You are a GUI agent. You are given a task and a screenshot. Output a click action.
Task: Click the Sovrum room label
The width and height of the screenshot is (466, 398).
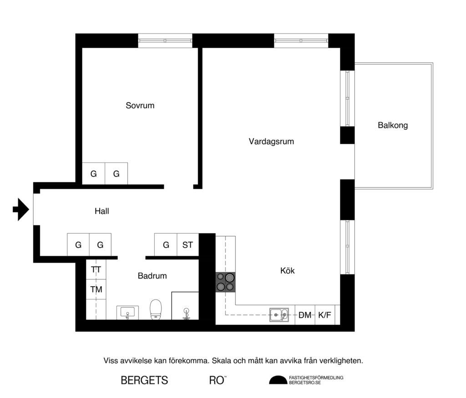(140, 105)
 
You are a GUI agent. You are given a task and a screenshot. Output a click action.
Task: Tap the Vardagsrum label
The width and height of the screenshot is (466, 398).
(271, 141)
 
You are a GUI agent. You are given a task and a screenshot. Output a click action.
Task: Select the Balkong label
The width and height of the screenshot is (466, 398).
(392, 125)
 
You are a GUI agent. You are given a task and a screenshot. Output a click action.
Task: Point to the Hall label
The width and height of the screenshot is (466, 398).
(101, 211)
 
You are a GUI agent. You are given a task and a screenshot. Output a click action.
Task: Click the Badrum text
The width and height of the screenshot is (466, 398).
(152, 276)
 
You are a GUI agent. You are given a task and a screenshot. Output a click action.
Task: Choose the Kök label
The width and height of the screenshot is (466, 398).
(287, 271)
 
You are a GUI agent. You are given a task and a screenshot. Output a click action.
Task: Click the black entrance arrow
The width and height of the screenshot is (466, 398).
(20, 209)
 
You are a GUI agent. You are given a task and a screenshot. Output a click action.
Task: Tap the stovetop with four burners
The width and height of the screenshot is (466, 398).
(225, 281)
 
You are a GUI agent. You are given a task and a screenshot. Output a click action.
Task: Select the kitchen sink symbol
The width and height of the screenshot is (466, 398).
(279, 314)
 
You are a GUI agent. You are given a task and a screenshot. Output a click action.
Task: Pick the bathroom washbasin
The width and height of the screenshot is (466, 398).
(127, 312)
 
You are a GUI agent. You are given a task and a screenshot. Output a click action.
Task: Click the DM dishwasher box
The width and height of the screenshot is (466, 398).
(304, 315)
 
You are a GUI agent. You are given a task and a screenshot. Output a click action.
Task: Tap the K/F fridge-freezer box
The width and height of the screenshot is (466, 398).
(324, 315)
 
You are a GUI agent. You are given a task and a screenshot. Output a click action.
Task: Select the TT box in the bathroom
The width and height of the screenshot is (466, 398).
(96, 270)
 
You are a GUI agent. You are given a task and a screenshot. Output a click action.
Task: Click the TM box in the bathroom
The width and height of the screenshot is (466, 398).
(96, 289)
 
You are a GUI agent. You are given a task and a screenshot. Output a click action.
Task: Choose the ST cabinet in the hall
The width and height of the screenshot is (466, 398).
(187, 245)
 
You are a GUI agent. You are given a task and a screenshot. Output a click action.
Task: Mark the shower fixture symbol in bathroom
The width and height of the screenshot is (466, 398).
(186, 313)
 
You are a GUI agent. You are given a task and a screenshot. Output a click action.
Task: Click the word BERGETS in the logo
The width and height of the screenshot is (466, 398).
(144, 380)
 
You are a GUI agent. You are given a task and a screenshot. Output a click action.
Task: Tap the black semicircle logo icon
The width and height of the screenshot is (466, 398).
(278, 380)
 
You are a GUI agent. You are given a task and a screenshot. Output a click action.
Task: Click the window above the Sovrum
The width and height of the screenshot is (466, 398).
(165, 40)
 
